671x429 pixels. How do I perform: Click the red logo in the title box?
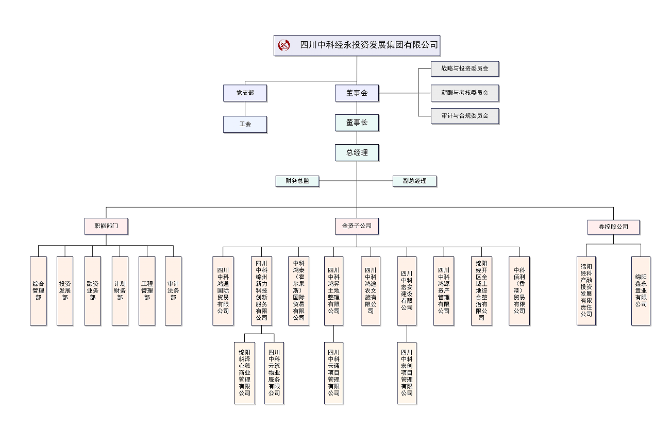pos(284,45)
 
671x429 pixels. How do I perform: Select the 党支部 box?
pos(245,93)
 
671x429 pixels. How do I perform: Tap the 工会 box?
pos(245,124)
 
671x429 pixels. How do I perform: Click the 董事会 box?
pos(357,93)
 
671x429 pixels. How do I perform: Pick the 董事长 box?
pos(357,123)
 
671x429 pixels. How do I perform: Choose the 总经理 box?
pos(357,153)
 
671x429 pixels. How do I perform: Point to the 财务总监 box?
pos(297,181)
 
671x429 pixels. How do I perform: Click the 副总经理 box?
pos(415,181)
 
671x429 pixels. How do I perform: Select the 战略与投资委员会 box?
pos(465,68)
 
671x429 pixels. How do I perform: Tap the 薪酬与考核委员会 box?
pos(465,93)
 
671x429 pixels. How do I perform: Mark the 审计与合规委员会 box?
pos(465,116)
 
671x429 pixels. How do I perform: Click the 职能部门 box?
pos(106,226)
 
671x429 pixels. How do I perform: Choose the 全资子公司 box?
pos(357,226)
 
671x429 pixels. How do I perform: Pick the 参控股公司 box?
pos(613,227)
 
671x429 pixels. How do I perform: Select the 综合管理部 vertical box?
pos(38,291)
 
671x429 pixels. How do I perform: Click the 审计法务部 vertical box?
pos(173,291)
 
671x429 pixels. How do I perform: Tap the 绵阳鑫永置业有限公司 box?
pos(641,291)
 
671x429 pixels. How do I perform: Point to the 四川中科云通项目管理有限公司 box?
pos(333,372)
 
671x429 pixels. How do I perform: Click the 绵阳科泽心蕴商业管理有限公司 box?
pos(244,372)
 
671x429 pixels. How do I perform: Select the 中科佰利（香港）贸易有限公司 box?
pos(519,291)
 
